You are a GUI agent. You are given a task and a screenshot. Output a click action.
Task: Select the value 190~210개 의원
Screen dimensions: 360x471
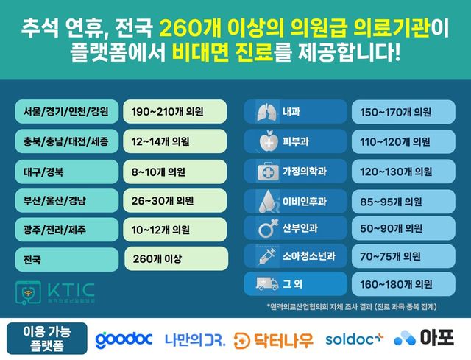163,113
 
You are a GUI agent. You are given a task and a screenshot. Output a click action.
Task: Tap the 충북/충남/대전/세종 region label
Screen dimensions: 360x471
65,141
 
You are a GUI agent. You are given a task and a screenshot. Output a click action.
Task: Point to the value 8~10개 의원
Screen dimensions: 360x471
158,172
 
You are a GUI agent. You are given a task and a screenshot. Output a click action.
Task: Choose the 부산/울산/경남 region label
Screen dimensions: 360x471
55,200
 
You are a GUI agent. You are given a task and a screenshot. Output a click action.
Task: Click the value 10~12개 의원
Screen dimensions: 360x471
160,230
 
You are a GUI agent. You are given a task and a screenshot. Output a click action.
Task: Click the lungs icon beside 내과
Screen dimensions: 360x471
265,113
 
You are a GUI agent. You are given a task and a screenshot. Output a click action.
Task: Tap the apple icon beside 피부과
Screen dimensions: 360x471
265,141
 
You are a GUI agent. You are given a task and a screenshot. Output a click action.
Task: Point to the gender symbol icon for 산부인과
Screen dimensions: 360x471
265,229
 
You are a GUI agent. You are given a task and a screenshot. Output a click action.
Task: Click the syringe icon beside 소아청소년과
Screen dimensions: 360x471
265,257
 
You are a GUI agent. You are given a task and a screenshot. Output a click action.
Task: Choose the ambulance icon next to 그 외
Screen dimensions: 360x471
263,283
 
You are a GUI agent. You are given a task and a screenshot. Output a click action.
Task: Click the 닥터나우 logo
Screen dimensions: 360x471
273,339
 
